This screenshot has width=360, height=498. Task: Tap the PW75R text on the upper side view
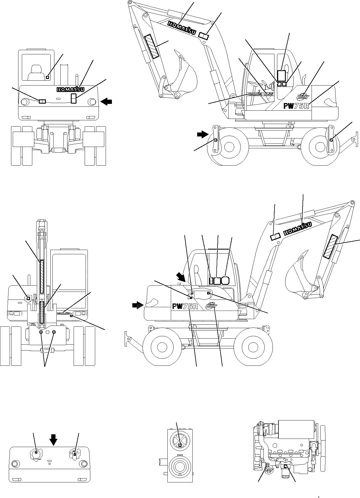[x=297, y=106]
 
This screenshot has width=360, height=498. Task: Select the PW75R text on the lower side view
[x=185, y=306]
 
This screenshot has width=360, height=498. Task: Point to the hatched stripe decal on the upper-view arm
[x=152, y=47]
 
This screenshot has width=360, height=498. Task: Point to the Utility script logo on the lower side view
[x=211, y=306]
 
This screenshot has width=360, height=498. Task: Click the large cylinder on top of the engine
[x=295, y=429]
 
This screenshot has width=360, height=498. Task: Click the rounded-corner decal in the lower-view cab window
[x=225, y=281]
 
